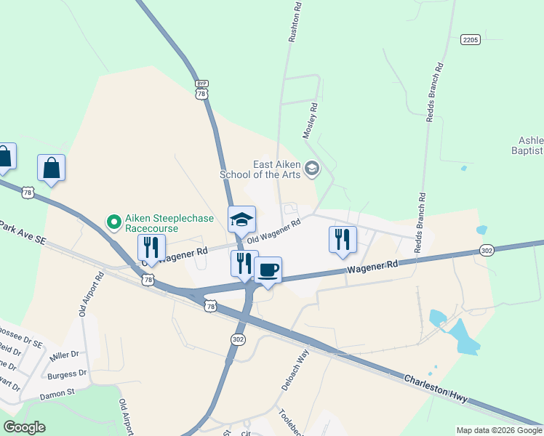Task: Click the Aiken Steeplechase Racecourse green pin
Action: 113,220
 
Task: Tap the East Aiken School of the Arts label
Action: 260,169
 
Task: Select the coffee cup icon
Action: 268,270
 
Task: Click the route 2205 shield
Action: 471,39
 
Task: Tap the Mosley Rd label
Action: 310,121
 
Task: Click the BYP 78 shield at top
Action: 202,89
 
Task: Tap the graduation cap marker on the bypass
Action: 242,219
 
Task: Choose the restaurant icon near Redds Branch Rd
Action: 342,240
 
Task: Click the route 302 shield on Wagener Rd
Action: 487,250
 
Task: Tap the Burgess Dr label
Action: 67,375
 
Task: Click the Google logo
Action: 25,427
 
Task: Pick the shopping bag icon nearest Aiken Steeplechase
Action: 52,169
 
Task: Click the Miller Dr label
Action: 64,356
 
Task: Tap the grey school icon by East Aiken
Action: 312,169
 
